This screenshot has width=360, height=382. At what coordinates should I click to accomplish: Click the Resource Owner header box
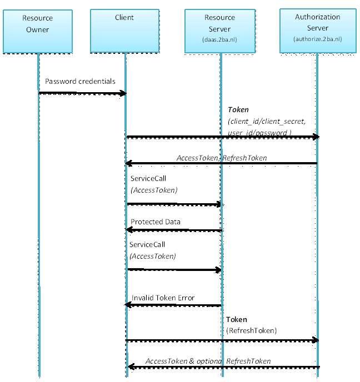[x=38, y=31]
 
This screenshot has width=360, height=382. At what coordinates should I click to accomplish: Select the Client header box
[x=124, y=31]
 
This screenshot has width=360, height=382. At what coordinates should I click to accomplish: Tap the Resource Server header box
[x=221, y=31]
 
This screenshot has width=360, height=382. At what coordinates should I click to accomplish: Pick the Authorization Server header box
[x=317, y=31]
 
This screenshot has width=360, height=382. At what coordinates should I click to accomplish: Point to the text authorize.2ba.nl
[x=317, y=39]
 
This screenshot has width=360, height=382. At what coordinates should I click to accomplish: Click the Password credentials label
[x=81, y=82]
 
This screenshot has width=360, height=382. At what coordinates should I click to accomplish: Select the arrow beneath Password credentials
[x=82, y=93]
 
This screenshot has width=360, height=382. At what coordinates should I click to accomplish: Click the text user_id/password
[x=259, y=133]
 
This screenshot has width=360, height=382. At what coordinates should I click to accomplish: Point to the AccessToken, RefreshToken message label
[x=222, y=158]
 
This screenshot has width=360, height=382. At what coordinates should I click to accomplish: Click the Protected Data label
[x=156, y=222]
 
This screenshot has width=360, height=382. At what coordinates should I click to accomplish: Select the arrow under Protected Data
[x=173, y=230]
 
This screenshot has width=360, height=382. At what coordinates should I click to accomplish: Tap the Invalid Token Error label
[x=163, y=298]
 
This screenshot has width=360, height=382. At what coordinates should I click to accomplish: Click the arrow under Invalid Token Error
[x=173, y=305]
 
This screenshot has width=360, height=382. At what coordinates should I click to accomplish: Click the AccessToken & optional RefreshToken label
[x=208, y=361]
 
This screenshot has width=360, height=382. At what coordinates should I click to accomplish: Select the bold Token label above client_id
[x=238, y=110]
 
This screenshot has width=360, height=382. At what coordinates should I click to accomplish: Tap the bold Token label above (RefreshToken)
[x=237, y=320]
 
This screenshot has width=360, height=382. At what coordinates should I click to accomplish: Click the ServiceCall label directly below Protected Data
[x=147, y=245]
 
